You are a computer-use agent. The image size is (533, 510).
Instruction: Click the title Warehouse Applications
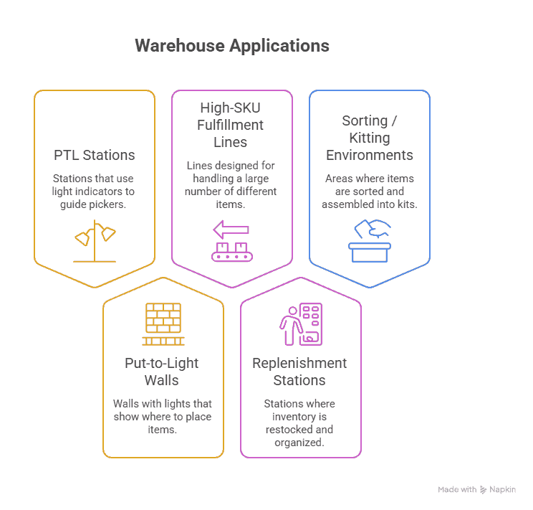tap(231, 46)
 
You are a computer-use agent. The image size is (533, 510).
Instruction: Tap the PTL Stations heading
tap(94, 155)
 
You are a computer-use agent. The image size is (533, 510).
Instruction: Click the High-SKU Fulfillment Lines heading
tap(231, 124)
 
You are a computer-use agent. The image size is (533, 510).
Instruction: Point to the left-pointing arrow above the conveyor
tap(231, 230)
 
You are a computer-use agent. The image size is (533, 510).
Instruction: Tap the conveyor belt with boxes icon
tap(231, 250)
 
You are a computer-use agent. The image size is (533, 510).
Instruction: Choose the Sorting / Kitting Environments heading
tap(369, 138)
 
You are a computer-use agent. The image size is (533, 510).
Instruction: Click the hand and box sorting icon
tap(370, 240)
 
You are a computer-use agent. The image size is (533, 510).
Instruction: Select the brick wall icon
tap(163, 324)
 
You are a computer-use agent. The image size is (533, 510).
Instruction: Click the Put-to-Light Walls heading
tap(163, 371)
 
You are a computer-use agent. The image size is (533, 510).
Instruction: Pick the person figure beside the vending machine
tap(289, 326)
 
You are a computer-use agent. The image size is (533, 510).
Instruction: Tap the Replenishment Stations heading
tap(299, 371)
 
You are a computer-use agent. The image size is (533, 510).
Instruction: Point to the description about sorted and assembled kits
tap(369, 192)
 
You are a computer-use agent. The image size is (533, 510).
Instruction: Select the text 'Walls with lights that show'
tap(163, 410)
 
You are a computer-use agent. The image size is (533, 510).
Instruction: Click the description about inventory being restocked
tap(299, 423)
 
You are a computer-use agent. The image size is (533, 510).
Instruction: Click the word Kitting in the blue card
tap(369, 138)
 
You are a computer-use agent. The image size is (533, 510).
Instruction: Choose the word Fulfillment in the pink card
tap(231, 125)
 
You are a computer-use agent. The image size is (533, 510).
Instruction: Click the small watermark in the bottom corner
tap(476, 489)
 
